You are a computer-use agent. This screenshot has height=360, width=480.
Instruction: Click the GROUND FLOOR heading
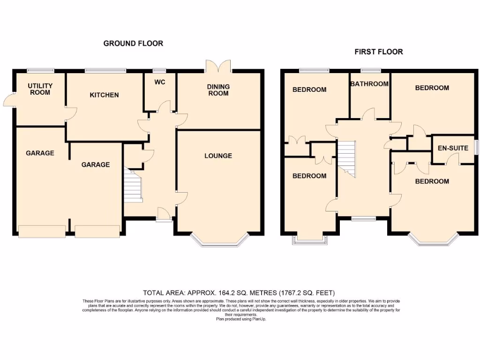click(x=133, y=43)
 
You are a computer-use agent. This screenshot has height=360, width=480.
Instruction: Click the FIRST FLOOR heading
click(x=378, y=52)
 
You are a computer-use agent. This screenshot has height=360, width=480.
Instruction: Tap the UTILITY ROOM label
click(x=40, y=89)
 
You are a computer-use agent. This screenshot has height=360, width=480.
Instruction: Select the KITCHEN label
click(x=104, y=95)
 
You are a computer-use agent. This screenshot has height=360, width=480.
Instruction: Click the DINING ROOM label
click(x=218, y=90)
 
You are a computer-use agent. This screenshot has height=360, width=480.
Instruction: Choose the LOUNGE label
click(x=218, y=156)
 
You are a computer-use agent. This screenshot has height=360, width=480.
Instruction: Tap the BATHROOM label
click(x=370, y=84)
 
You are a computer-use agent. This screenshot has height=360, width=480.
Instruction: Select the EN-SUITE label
click(x=452, y=148)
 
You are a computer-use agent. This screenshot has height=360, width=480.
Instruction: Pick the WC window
click(x=160, y=71)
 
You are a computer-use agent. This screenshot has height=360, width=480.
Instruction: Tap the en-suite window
click(x=476, y=147)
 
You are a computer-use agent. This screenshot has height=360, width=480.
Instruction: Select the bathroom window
click(x=370, y=71)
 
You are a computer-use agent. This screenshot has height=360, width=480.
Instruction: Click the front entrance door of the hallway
click(x=163, y=215)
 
